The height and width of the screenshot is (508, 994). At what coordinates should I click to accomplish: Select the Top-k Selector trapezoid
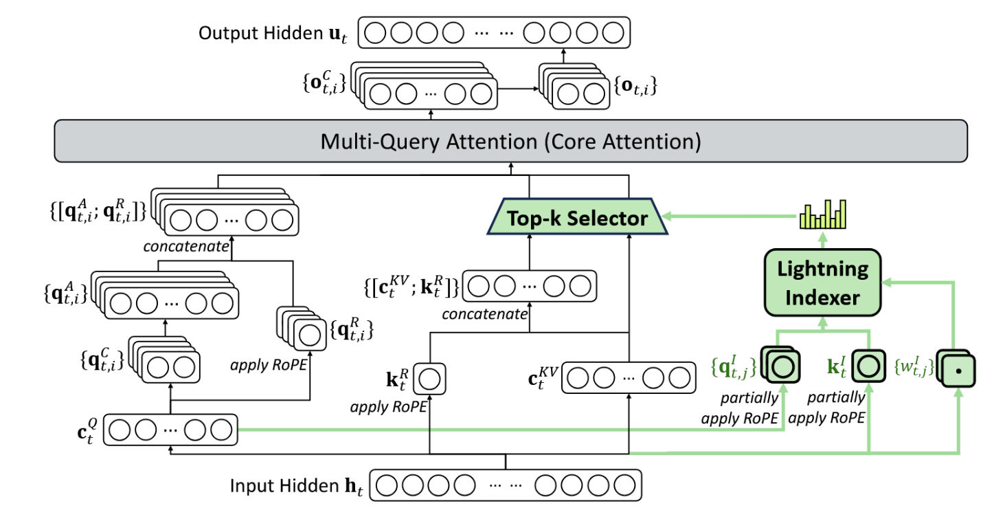coord(576,219)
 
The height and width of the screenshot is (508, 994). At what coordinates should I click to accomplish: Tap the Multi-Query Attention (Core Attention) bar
coord(510,142)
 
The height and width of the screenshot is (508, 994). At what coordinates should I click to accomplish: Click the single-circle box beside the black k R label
coord(430,378)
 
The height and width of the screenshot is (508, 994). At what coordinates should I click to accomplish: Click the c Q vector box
coord(170,430)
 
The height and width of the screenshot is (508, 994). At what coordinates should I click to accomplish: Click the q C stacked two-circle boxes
coord(168,362)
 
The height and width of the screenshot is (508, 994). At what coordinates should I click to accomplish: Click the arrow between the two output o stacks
coord(519,89)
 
